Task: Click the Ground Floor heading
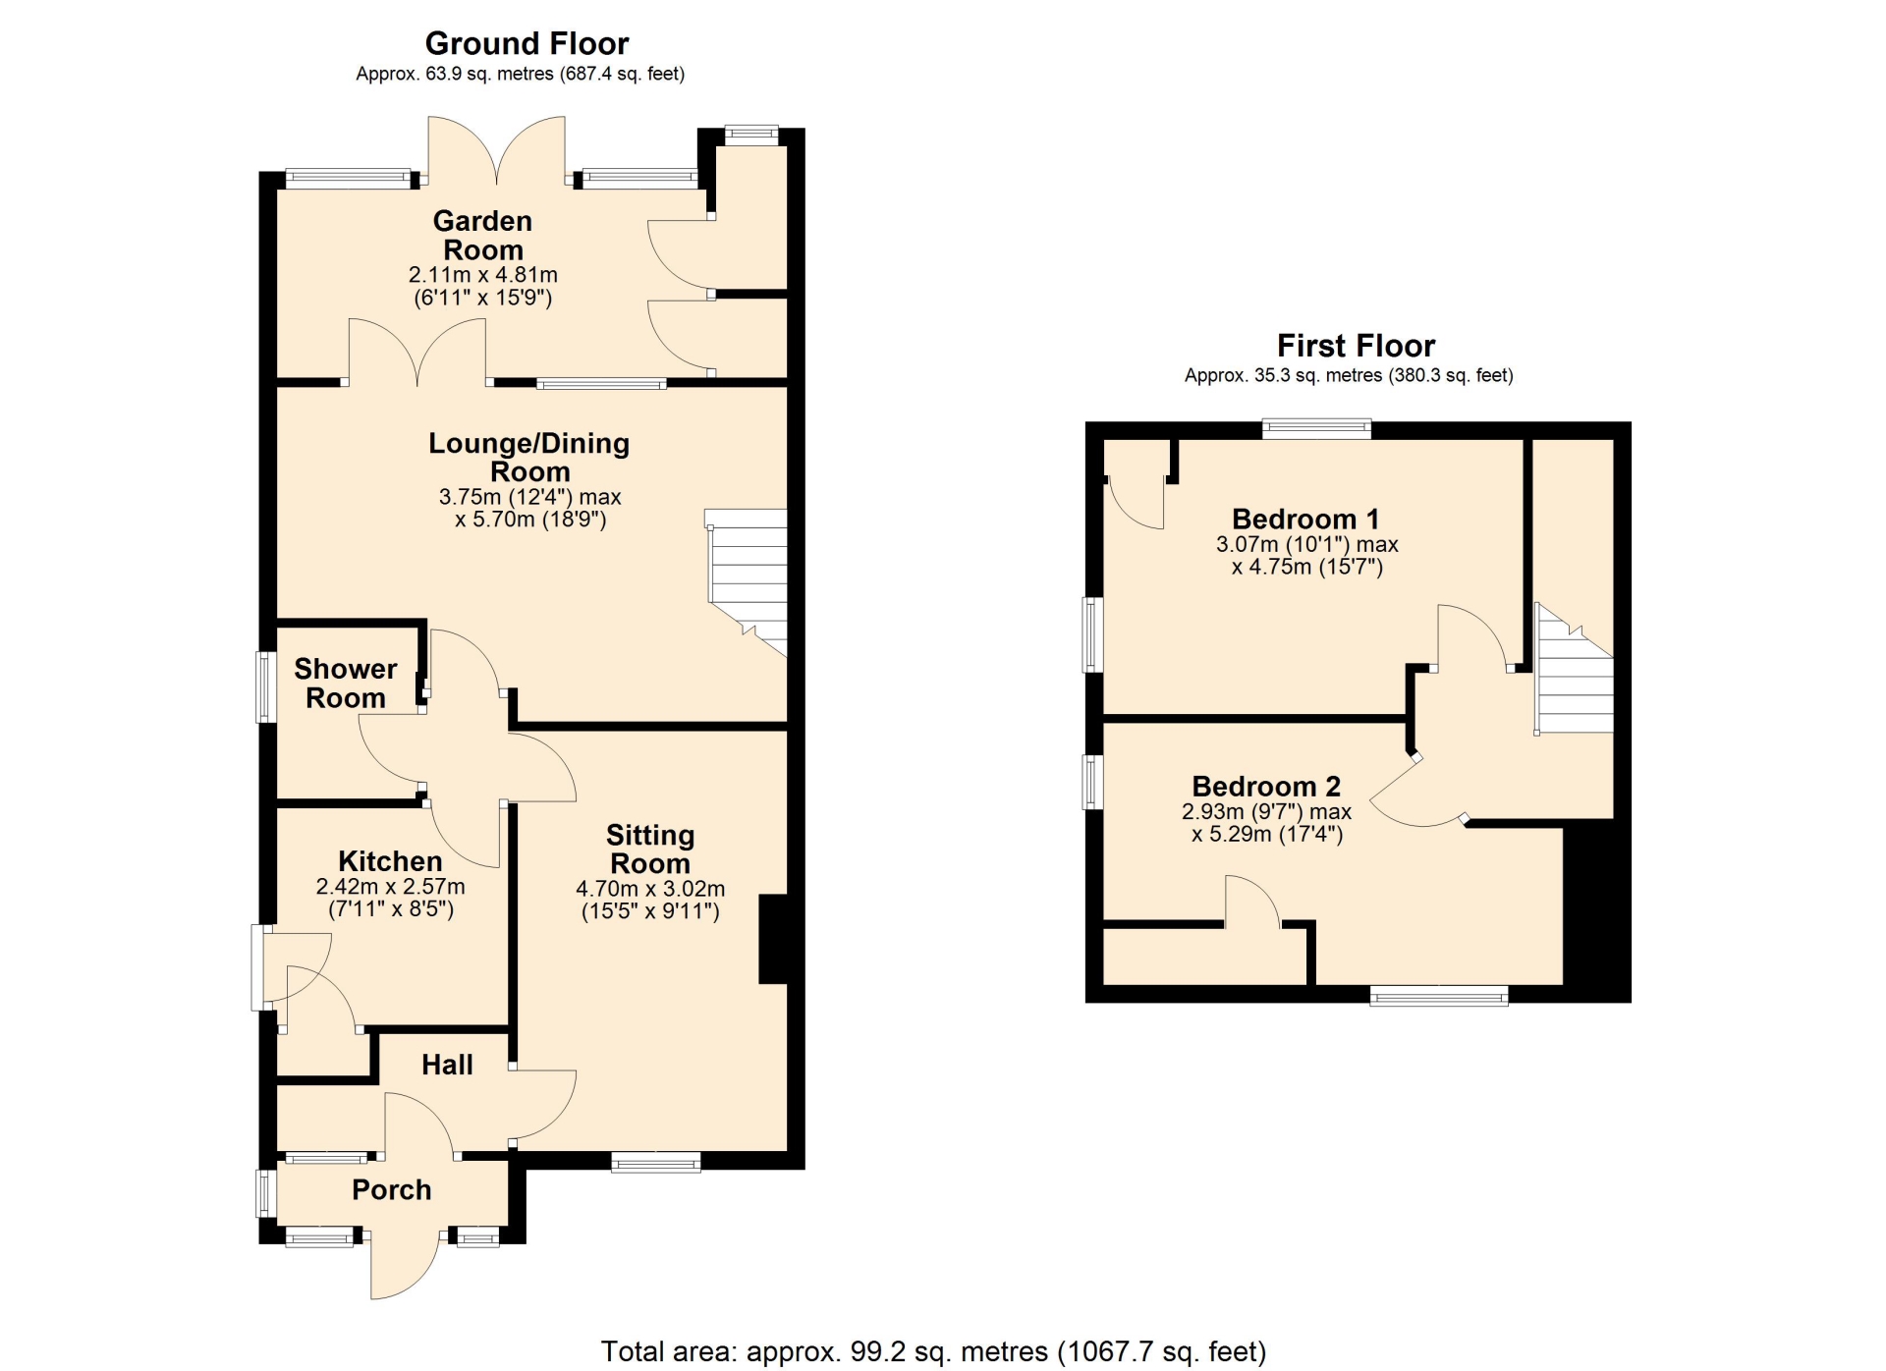[x=527, y=43]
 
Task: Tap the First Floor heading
[x=1356, y=346]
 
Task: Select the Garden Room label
[x=483, y=236]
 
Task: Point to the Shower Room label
[x=346, y=684]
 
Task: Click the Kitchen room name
[x=390, y=861]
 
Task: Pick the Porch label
[x=392, y=1189]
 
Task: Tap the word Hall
[x=447, y=1065]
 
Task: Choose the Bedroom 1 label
[x=1305, y=519]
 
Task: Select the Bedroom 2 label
[x=1266, y=787]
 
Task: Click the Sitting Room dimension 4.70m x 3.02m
[x=650, y=889]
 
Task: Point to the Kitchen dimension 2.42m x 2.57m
[x=390, y=887]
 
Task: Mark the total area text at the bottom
[x=933, y=1352]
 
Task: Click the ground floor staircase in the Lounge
[x=748, y=581]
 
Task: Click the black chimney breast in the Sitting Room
[x=773, y=939]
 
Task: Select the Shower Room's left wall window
[x=266, y=686]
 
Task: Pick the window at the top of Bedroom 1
[x=1316, y=428]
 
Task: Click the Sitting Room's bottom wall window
[x=656, y=1163]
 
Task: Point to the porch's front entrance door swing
[x=405, y=1265]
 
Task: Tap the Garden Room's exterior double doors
[x=497, y=151]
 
